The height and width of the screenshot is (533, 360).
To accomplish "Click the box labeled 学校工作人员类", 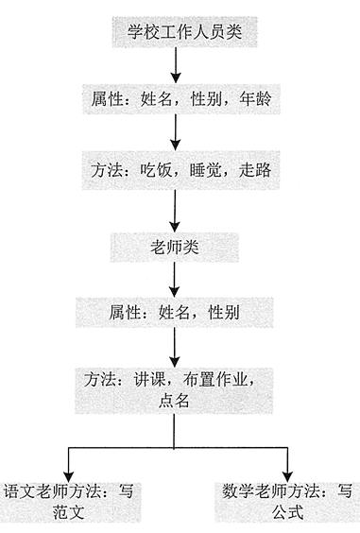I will (178, 33).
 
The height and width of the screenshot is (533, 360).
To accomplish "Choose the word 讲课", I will (148, 380).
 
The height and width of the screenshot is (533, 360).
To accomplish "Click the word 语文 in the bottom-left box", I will (19, 490).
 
